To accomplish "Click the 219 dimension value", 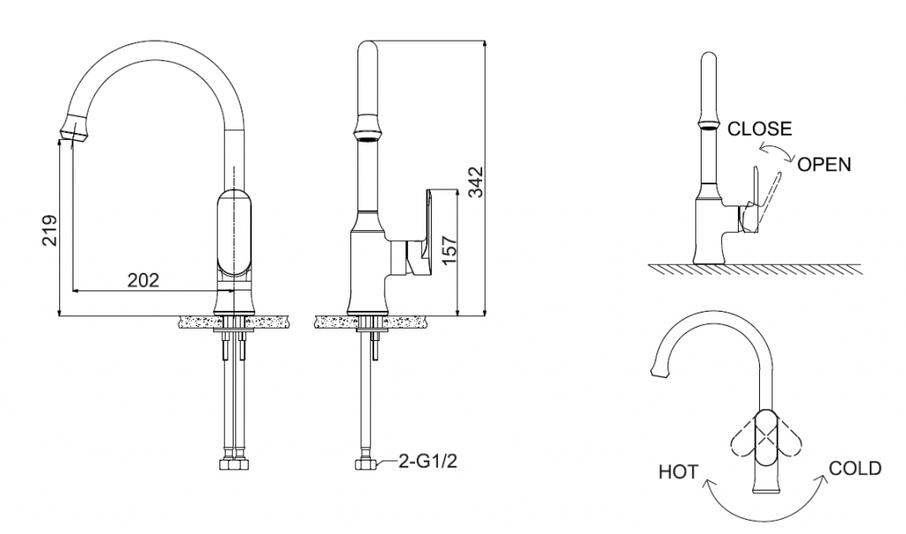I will coord(50,230).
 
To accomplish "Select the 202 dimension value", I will coord(143,280).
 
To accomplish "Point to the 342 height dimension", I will coord(475,181).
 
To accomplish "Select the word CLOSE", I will coord(759,128).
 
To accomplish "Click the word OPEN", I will coord(824,164).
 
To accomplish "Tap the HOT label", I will coord(679,472).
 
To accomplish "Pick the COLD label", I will coord(855,468).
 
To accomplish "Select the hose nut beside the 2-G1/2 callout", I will coord(362,463).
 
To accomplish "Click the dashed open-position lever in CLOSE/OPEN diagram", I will coord(769,196).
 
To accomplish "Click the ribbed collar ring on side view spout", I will coord(368,133).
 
